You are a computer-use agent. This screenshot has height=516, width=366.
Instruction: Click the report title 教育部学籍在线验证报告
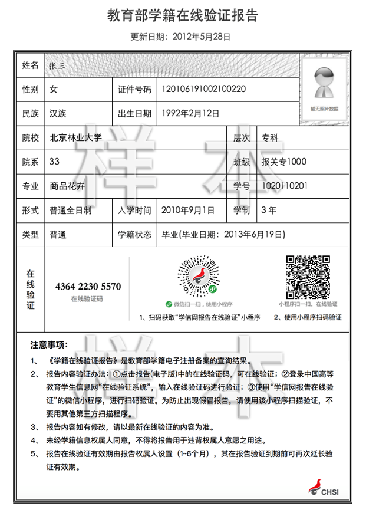coord(183,16)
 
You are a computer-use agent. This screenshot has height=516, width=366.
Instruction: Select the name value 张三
coord(58,65)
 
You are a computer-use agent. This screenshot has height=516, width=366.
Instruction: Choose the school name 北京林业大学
coord(76,138)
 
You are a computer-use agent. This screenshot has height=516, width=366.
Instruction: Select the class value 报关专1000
coord(284,162)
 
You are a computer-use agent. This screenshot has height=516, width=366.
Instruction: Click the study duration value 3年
coord(268,210)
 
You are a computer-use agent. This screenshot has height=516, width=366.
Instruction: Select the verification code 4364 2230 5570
coord(87,287)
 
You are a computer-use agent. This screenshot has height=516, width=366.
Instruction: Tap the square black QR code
coord(308,276)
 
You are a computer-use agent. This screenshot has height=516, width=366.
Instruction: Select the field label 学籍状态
coord(135,234)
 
